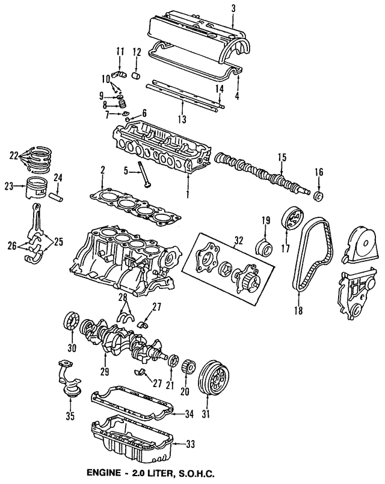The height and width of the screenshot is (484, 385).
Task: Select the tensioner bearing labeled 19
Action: point(263,246)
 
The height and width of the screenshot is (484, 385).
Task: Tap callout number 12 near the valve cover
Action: point(136,51)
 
